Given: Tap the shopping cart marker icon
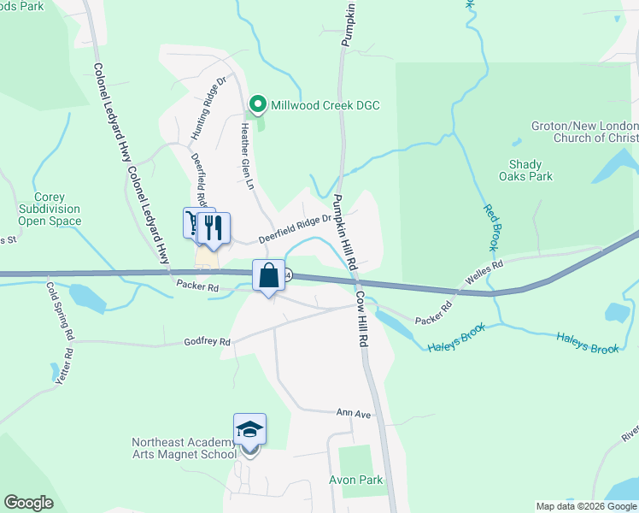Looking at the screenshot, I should [193, 224].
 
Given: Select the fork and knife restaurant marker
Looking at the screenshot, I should [214, 227].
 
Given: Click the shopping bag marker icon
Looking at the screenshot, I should [268, 275].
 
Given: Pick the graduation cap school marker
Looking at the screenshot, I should [249, 429].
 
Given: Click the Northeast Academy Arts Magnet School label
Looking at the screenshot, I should [184, 448].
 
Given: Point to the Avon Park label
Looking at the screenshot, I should [356, 480].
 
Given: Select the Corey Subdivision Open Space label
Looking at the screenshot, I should [50, 209].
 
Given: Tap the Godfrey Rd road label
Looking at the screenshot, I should [208, 342].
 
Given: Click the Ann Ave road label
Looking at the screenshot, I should [354, 414].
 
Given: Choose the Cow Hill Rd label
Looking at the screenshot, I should [362, 319].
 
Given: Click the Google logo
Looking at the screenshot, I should [28, 503].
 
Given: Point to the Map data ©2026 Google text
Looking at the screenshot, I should [585, 506].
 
